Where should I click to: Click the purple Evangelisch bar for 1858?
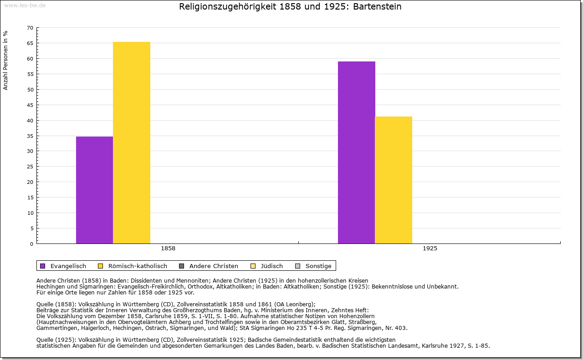(94, 190)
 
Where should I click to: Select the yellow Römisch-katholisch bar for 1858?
(132, 142)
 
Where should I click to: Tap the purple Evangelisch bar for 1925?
(356, 152)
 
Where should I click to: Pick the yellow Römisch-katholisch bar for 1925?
(394, 180)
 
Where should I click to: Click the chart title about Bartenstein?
(290, 7)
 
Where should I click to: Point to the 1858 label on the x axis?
(168, 249)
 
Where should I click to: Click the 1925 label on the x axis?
(430, 249)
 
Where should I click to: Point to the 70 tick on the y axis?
(30, 28)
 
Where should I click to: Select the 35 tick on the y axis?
(30, 136)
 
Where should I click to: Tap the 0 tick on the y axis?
(31, 244)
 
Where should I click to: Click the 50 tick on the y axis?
(30, 90)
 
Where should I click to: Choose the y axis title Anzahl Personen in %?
(5, 60)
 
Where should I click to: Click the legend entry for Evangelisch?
(68, 266)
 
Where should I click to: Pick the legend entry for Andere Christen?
(213, 266)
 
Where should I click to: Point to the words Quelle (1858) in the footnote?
(56, 304)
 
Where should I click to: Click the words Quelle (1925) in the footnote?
(56, 340)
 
